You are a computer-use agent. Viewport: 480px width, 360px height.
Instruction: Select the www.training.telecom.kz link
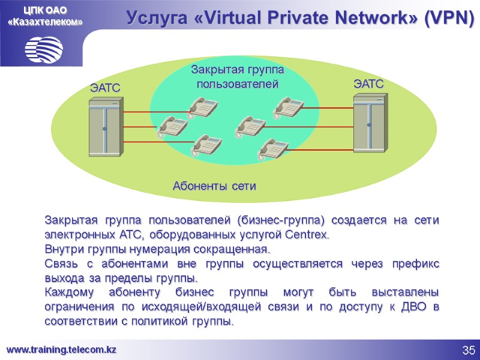click(x=61, y=350)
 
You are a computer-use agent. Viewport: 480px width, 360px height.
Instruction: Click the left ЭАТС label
click(x=106, y=88)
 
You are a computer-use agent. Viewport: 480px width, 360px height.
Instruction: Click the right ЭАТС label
click(x=368, y=84)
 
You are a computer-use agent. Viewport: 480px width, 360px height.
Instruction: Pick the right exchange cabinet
click(x=368, y=125)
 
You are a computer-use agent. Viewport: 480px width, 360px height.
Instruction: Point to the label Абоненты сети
click(x=214, y=186)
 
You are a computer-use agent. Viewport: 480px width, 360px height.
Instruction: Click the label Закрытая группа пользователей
click(x=238, y=77)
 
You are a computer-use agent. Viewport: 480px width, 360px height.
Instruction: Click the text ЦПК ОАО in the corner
click(x=45, y=10)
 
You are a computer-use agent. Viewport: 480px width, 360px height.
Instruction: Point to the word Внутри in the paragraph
click(x=63, y=249)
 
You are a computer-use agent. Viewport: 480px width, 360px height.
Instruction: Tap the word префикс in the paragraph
click(x=418, y=264)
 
